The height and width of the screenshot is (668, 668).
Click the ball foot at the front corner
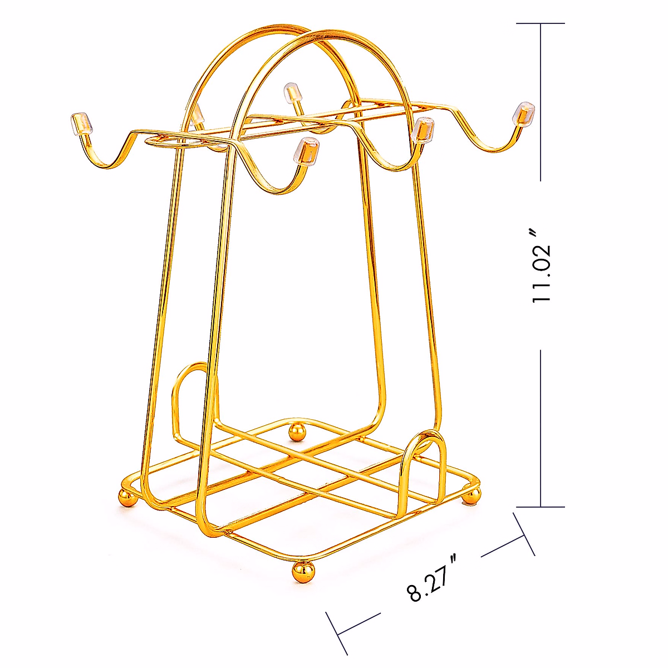(x=304, y=571)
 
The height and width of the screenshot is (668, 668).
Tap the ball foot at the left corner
(x=127, y=497)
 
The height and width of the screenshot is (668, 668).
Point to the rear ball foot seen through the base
(x=297, y=431)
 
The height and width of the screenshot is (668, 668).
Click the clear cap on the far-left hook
(x=81, y=122)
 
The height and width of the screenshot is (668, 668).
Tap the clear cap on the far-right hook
(x=524, y=112)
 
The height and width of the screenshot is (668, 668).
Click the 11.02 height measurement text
(x=541, y=266)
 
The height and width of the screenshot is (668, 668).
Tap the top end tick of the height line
(x=541, y=23)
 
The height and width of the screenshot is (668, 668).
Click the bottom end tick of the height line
(x=541, y=507)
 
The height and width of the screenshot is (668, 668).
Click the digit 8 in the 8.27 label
(x=416, y=593)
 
